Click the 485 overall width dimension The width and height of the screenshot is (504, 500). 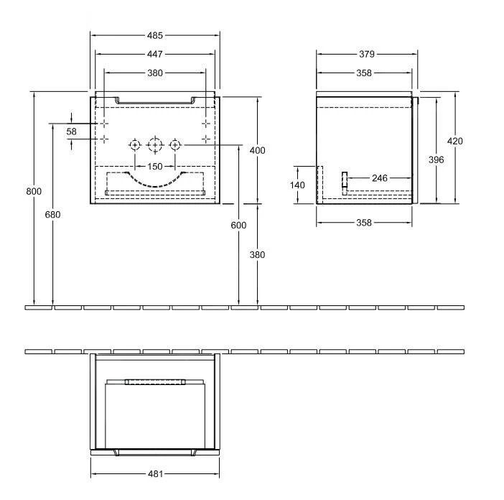click(x=155, y=35)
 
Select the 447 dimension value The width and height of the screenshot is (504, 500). click(x=155, y=54)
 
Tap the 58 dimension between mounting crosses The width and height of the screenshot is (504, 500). click(x=71, y=131)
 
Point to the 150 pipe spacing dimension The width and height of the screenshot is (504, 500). click(x=155, y=167)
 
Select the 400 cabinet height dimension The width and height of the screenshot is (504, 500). click(x=258, y=150)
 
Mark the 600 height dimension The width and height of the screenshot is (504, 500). click(x=238, y=226)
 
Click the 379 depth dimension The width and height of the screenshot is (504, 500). click(x=366, y=54)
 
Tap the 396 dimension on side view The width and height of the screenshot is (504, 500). click(x=436, y=159)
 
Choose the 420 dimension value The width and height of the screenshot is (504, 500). click(x=454, y=141)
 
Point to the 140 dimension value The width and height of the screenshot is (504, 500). click(x=297, y=185)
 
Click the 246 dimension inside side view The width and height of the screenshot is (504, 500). click(x=380, y=177)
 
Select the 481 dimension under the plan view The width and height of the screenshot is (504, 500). click(x=155, y=474)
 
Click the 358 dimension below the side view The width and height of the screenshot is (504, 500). click(x=364, y=223)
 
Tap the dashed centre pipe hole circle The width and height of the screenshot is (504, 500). click(x=154, y=145)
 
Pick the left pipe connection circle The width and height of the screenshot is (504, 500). click(x=135, y=145)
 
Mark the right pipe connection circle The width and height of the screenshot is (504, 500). click(x=174, y=145)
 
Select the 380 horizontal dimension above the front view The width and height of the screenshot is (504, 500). click(x=155, y=73)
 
